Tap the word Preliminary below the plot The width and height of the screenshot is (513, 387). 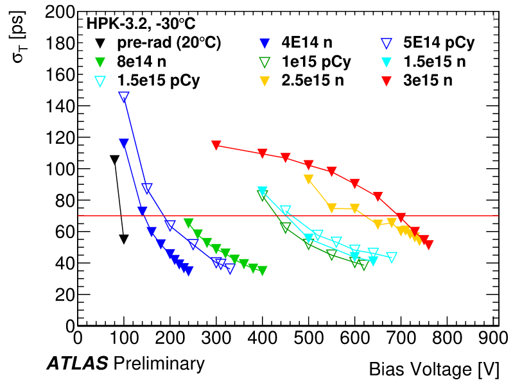pos(159,365)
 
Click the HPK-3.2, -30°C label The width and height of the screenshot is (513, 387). pos(141,24)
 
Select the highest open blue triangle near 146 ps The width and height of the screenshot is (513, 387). pos(124,96)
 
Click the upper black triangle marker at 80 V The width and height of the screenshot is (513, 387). pos(115,160)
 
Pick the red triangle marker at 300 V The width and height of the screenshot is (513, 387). pos(216,144)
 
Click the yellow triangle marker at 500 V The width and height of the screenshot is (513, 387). pos(309,178)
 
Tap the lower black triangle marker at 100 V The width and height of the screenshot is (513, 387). pos(124,239)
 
